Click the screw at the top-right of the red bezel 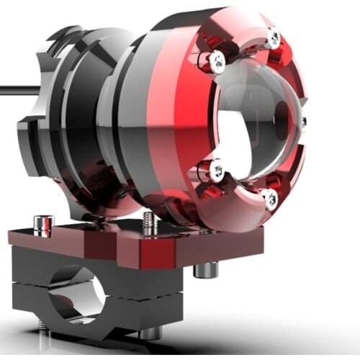coord(272,37)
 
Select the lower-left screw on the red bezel coord(216,170)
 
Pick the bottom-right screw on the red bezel coord(271,199)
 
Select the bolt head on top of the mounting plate coord(42,224)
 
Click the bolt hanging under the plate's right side coord(206,270)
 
